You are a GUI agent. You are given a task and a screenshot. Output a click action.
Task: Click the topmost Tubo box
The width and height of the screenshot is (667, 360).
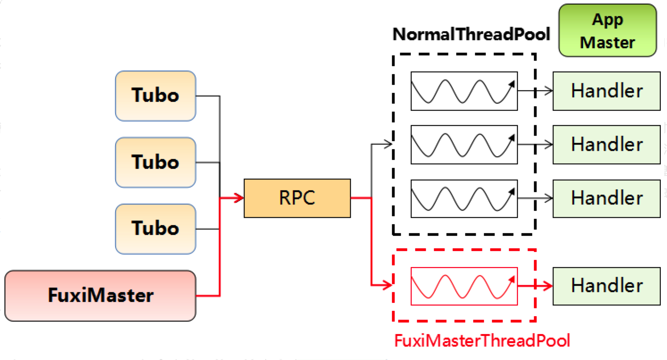click(155, 96)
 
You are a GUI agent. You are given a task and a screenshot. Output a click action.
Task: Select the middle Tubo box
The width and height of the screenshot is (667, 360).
click(155, 162)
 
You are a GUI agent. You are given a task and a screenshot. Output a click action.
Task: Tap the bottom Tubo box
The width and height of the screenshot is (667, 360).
click(155, 228)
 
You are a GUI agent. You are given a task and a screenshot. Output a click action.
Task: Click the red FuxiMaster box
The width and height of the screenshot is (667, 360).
click(100, 295)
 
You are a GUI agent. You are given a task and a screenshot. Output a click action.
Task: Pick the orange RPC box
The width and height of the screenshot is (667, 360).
click(297, 198)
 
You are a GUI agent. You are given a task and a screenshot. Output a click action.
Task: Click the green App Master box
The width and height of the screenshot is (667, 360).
click(607, 30)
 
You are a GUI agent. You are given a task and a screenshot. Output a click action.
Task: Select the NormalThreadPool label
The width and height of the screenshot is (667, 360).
click(471, 34)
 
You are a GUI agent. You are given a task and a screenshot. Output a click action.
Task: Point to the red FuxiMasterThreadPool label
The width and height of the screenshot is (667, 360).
click(482, 341)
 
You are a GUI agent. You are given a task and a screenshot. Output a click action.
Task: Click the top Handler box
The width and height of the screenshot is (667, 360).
click(606, 91)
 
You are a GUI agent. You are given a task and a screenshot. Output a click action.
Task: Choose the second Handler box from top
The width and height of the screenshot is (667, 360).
click(606, 144)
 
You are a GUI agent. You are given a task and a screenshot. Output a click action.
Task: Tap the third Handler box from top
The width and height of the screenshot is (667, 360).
click(606, 198)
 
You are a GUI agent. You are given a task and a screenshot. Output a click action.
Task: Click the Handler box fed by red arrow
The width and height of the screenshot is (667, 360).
click(606, 286)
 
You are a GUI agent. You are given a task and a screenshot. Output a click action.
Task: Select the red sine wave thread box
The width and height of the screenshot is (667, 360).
click(464, 286)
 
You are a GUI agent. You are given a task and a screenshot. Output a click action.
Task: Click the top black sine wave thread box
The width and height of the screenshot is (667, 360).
click(464, 91)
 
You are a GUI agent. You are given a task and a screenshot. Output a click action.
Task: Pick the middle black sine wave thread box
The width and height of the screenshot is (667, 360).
click(464, 144)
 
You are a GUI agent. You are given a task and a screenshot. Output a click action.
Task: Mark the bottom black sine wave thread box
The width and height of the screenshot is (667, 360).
click(464, 198)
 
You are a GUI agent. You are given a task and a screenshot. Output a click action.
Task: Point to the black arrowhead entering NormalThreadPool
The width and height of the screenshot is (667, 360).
click(388, 144)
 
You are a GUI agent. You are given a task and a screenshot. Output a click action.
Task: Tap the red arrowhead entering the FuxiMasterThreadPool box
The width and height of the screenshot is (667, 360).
click(388, 284)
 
